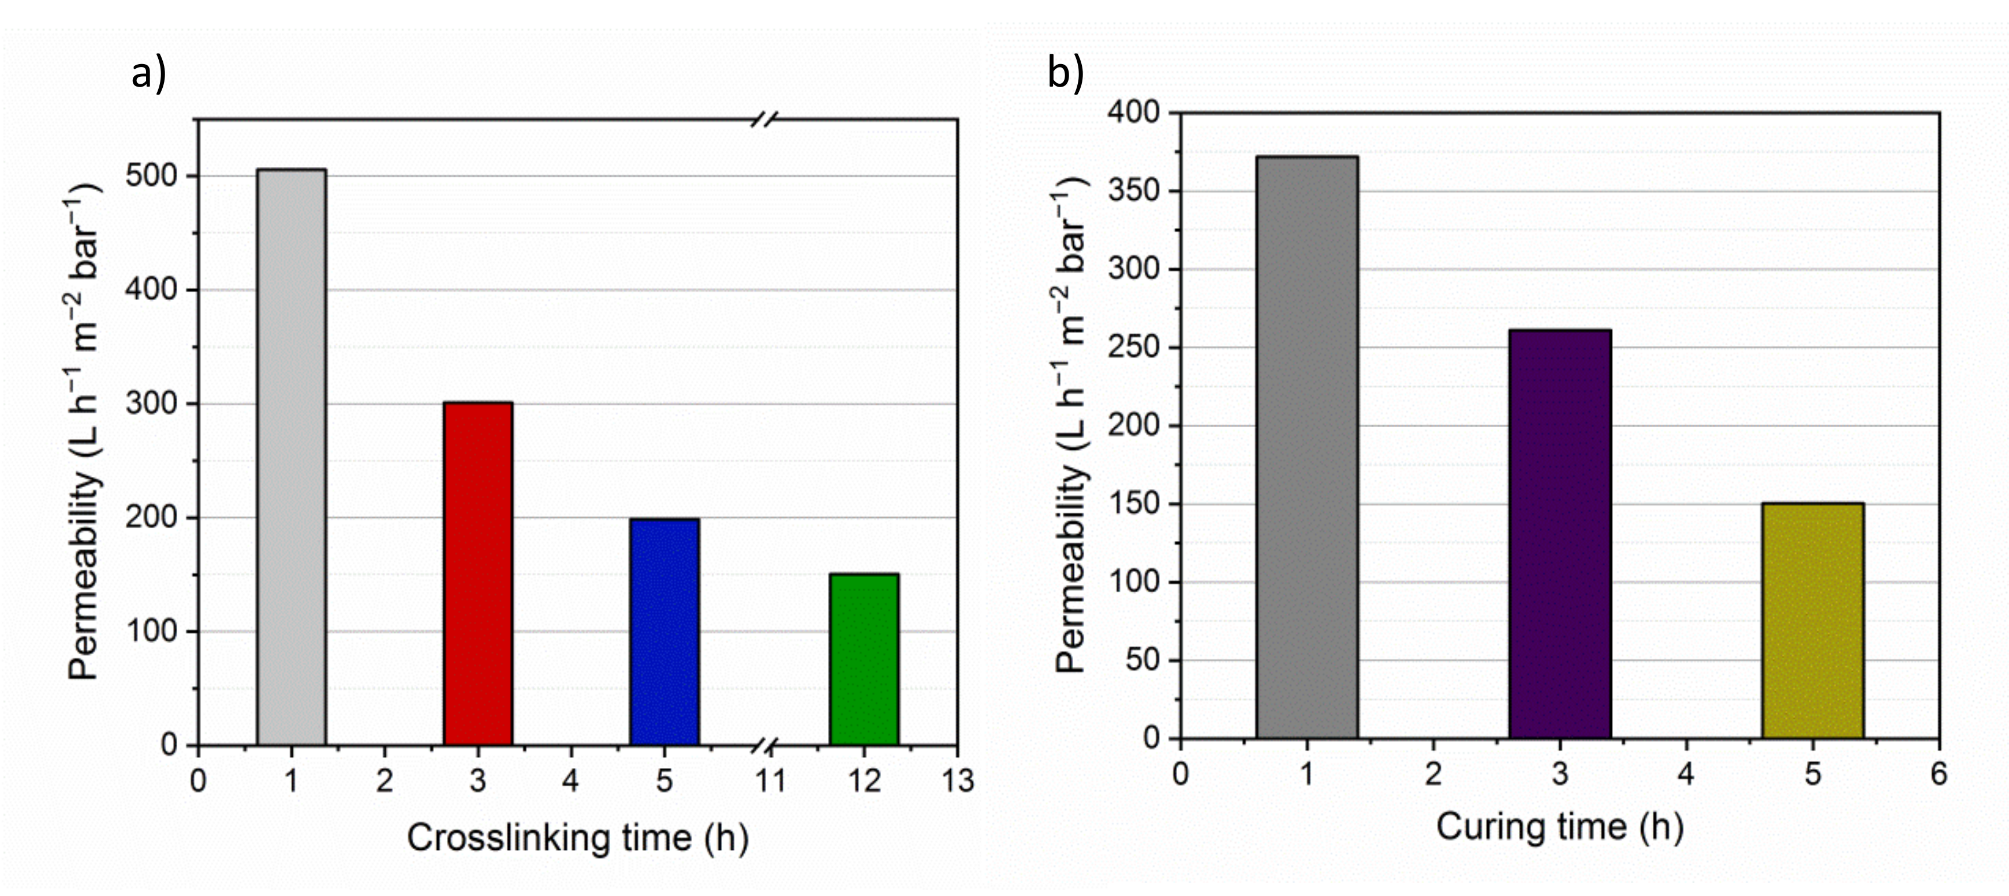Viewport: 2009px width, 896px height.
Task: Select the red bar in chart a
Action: coord(478,573)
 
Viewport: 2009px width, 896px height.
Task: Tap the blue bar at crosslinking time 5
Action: coord(664,632)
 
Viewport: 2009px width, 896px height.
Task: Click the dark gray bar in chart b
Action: coord(1307,447)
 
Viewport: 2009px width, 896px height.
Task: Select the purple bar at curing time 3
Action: coord(1560,533)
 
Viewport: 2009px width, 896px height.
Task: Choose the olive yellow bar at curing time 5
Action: coord(1813,620)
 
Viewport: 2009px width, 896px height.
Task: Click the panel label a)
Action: coord(148,74)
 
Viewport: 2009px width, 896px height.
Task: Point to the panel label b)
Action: coord(1065,74)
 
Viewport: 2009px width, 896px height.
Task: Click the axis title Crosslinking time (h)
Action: coord(577,838)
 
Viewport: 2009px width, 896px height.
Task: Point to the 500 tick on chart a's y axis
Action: coord(151,176)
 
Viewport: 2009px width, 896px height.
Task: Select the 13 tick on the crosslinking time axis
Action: coord(958,780)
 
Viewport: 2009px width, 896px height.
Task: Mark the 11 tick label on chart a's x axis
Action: coord(771,780)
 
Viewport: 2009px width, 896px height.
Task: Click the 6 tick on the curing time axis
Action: coord(1939,774)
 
